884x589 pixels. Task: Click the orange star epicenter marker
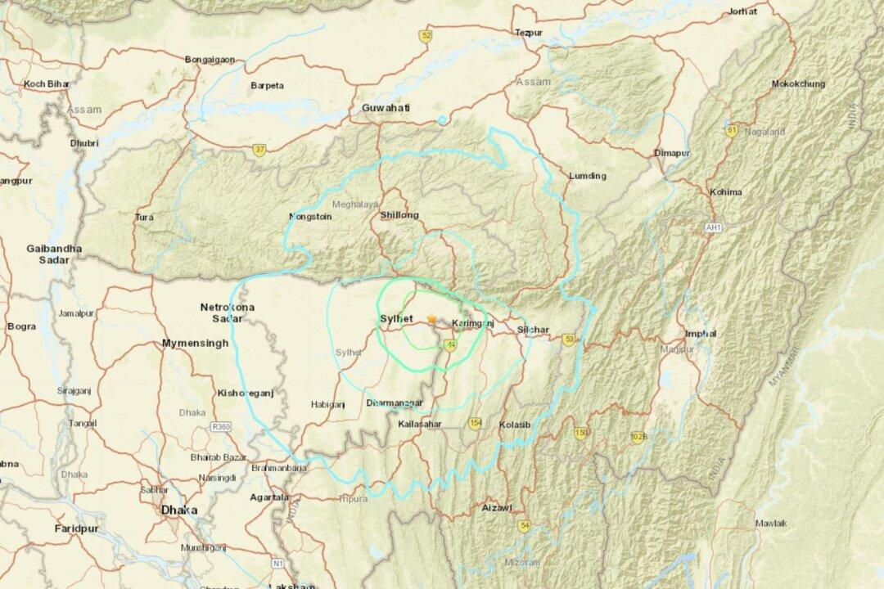(431, 319)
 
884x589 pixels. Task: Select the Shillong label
(399, 215)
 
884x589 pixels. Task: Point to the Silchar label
(533, 330)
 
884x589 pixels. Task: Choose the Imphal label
(701, 334)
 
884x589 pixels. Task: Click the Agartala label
(269, 497)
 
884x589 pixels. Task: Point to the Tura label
(144, 218)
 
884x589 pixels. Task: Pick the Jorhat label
(742, 11)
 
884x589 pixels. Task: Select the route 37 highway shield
(259, 149)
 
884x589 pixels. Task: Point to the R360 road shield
(220, 426)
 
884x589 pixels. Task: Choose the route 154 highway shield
(476, 422)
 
